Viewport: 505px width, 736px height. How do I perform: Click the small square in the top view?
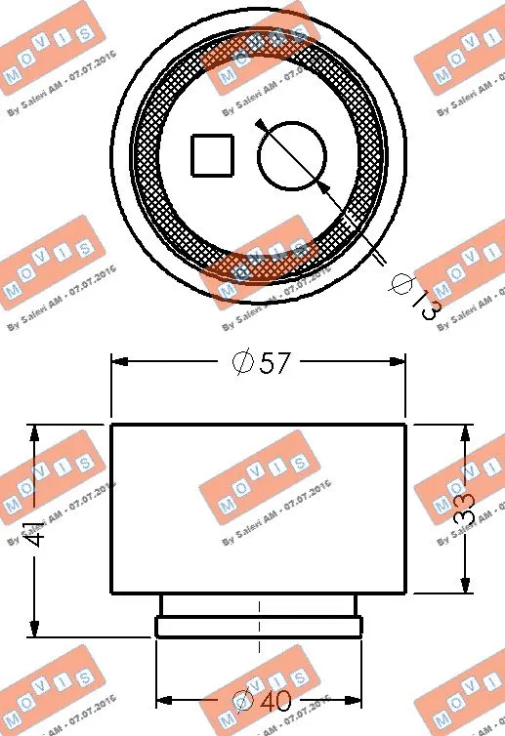pyautogui.click(x=212, y=155)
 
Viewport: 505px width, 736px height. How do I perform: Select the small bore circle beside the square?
pyautogui.click(x=291, y=155)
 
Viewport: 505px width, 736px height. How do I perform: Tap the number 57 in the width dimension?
pyautogui.click(x=276, y=363)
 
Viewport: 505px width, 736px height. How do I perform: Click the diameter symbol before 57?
pyautogui.click(x=243, y=363)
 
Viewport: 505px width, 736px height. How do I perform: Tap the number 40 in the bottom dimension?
pyautogui.click(x=277, y=701)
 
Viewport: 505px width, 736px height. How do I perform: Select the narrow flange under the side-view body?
pyautogui.click(x=259, y=626)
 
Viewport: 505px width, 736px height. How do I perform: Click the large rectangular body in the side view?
pyautogui.click(x=259, y=508)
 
